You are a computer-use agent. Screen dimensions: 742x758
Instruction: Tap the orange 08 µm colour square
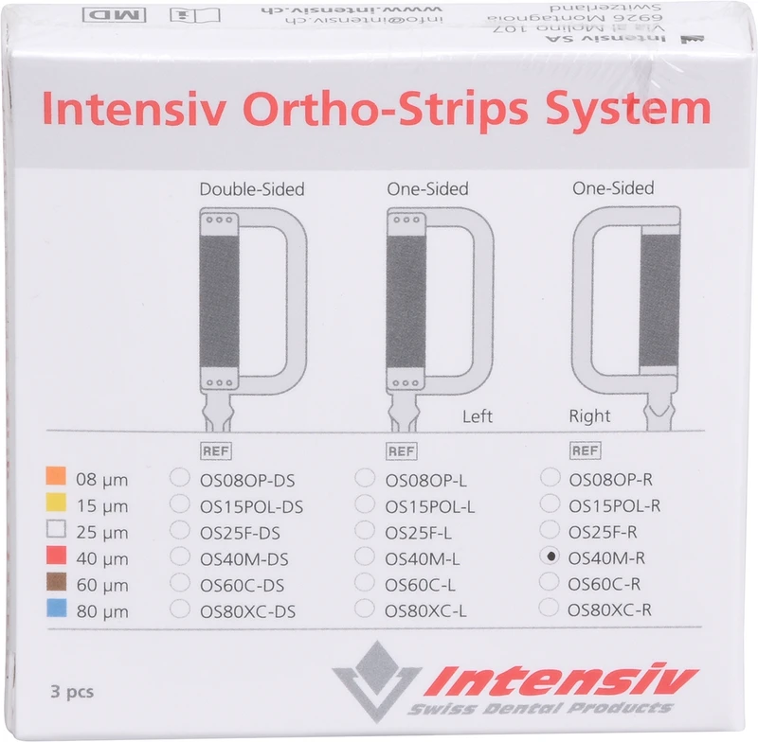56,476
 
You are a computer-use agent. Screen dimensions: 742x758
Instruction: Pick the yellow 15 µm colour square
56,503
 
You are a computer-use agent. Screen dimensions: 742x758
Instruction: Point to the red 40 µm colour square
56,556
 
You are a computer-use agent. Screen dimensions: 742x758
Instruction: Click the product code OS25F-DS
240,533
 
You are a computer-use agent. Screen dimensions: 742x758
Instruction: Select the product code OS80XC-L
426,611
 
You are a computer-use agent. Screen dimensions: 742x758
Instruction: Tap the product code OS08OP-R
608,480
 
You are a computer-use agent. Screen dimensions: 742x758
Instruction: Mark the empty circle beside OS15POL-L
365,504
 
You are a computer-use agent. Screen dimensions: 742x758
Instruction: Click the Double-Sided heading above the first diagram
251,189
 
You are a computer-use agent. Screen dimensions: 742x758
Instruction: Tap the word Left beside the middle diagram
478,416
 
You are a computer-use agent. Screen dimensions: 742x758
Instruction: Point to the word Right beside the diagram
589,416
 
